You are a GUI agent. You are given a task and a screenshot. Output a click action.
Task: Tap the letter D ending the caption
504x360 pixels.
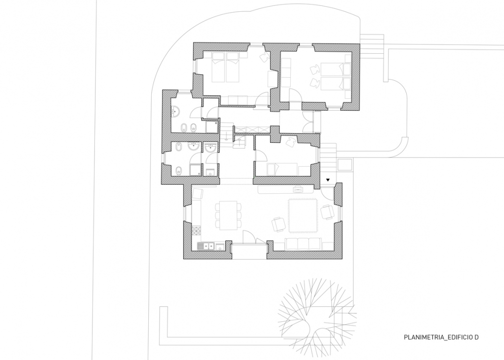coord(477,337)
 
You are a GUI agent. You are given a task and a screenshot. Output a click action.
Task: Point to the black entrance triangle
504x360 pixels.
coord(328,180)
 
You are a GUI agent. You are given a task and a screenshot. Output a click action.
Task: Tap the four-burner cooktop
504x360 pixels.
coord(196,230)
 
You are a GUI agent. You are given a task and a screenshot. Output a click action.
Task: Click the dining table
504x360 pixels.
coord(228,216)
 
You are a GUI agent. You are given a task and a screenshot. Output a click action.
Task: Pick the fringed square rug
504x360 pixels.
coord(303,215)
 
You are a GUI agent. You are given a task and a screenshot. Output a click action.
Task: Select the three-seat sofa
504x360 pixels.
coord(303,244)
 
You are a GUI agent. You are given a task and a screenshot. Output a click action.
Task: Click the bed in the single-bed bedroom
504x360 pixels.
coord(282,169)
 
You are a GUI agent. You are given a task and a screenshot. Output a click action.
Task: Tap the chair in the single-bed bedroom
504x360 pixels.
coord(291,141)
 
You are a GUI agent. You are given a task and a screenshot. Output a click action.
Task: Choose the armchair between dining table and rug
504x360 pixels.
coord(278,224)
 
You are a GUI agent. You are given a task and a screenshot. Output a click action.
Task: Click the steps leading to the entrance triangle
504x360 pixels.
coord(328,159)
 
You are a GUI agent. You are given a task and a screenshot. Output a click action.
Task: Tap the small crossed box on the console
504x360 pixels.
coord(299,190)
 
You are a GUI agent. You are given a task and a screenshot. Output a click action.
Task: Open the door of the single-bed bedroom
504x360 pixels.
coord(260,154)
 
